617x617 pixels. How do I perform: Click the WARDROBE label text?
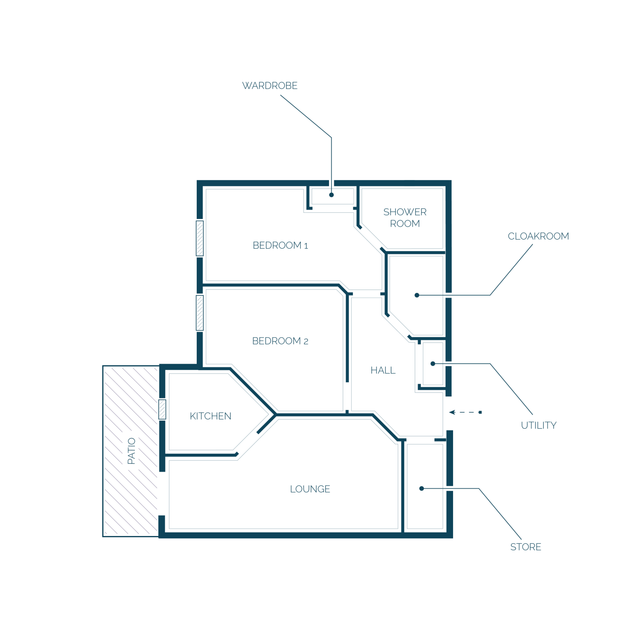[x=270, y=86]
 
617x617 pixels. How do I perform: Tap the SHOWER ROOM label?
[x=405, y=217]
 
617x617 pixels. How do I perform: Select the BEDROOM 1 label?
[x=280, y=245]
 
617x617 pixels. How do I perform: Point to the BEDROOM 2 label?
[x=280, y=341]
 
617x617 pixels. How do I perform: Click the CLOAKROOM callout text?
[x=538, y=236]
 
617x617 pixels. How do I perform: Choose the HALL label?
[x=383, y=370]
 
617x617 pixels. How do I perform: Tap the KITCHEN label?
[x=211, y=416]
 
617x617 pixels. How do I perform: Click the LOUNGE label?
[x=310, y=489]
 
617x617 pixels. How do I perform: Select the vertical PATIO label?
[x=131, y=451]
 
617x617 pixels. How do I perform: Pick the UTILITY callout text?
[x=539, y=425]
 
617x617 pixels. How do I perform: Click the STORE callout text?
[x=526, y=547]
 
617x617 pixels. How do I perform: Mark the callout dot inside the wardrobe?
[x=331, y=195]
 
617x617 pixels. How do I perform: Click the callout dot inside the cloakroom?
[x=416, y=295]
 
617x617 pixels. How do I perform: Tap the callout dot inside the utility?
[x=433, y=364]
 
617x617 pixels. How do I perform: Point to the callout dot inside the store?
[x=421, y=489]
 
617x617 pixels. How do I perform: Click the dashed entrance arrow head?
[x=452, y=412]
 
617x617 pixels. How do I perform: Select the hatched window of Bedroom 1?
[x=200, y=238]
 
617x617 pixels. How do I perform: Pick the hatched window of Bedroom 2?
[x=200, y=313]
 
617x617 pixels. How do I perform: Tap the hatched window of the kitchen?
[x=162, y=409]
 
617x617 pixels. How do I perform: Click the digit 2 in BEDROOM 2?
[x=306, y=342]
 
